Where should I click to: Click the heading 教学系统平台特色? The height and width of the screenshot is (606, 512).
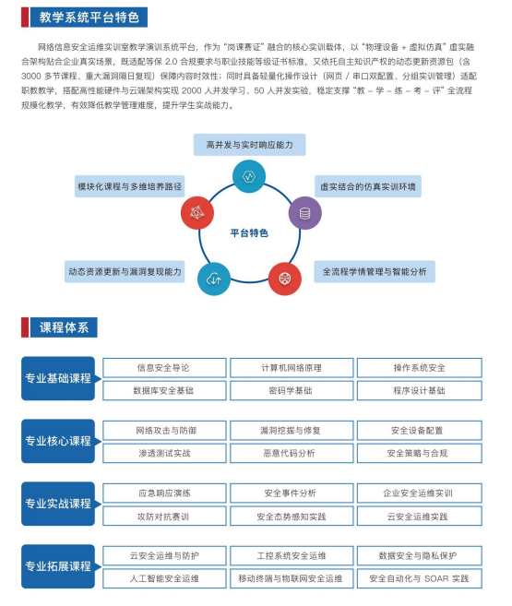(89, 18)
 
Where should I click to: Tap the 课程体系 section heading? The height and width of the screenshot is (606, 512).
(64, 327)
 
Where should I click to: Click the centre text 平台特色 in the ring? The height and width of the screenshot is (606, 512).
(249, 233)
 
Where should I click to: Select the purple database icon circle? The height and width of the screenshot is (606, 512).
(304, 213)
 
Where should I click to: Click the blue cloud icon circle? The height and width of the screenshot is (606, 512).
(214, 279)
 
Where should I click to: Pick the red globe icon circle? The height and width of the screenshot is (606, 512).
(285, 279)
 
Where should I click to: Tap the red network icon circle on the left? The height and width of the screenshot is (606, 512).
(197, 212)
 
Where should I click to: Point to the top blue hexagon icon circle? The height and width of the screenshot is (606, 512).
(249, 176)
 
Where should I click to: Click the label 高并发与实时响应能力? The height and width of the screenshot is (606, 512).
(250, 145)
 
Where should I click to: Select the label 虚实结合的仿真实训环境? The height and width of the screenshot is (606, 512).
(368, 186)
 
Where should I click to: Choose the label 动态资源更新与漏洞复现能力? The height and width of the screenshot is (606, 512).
(125, 272)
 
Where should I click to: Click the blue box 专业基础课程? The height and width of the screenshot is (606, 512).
(58, 378)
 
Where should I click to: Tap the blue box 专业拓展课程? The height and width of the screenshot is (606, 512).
(58, 566)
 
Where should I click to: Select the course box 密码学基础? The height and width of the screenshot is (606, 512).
(292, 391)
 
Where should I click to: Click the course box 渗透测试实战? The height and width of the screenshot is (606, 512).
(164, 453)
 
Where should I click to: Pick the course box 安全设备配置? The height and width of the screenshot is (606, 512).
(419, 431)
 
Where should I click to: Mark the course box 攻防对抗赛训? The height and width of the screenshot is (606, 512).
(164, 517)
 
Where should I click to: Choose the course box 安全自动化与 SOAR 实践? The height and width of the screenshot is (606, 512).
(419, 578)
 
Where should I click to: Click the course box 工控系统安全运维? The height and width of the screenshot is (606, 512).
(292, 556)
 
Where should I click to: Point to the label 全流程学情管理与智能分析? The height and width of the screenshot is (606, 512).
(375, 272)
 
